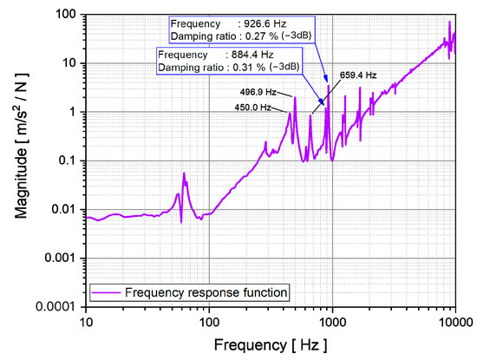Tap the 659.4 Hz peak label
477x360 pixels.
coord(357,75)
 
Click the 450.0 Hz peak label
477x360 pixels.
coord(253,108)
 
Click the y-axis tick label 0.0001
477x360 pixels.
coord(58,306)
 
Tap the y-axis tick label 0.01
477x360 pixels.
coord(64,209)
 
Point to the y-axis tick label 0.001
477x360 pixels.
coord(62,258)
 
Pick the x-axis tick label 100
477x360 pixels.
coord(209,320)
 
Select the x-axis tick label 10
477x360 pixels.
coord(86,320)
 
